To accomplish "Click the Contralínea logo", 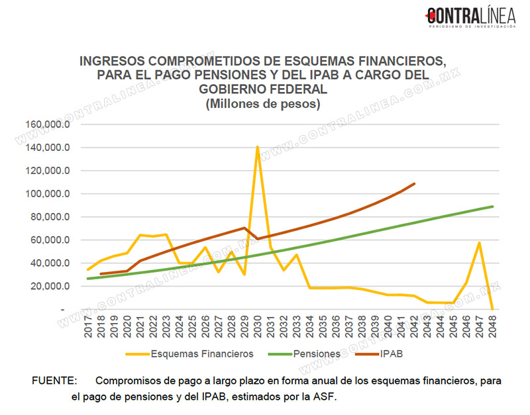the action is [470, 17].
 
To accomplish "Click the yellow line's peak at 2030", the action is [258, 146].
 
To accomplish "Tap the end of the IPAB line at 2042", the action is [414, 184].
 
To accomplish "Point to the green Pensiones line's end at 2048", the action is [492, 207].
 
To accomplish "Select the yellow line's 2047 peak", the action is [479, 243].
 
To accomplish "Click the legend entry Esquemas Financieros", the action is [189, 354].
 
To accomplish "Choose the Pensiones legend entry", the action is [304, 354].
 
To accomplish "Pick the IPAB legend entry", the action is [379, 354].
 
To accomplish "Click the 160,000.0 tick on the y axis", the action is [48, 124].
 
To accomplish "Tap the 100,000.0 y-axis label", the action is [48, 194].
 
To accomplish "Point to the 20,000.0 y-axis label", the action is [50, 287].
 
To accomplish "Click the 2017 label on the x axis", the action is [88, 326].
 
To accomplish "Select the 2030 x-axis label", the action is [258, 326].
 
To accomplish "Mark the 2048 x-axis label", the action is [492, 326].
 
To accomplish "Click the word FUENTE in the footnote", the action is [54, 381].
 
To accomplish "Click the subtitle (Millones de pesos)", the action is [263, 104].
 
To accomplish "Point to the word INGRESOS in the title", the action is [112, 61].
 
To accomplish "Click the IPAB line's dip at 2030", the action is [258, 239].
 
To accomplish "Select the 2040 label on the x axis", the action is [388, 326].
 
